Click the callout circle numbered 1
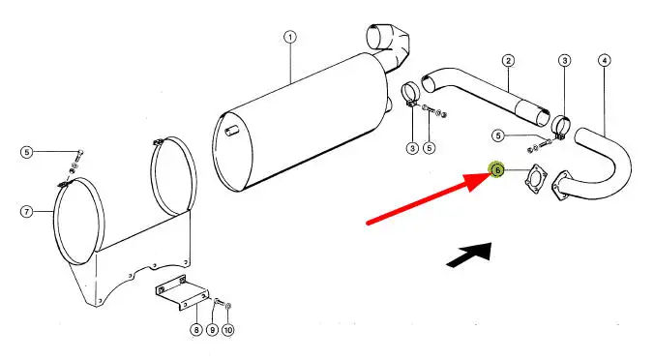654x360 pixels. pos(290,37)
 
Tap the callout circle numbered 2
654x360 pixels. pos(508,61)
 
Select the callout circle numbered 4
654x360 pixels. pos(605,61)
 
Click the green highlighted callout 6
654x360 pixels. pos(497,169)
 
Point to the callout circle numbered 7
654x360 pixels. pos(27,212)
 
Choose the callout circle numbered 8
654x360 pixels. pos(196,330)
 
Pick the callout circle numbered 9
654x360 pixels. pos(212,330)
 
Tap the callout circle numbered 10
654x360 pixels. pos(227,330)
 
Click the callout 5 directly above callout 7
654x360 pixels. pos(27,152)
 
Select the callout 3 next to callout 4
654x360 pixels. pos(565,61)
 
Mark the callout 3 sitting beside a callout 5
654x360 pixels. pos(412,148)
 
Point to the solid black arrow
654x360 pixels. pos(469,255)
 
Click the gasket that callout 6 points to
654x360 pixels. pos(536,179)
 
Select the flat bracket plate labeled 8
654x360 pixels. pos(183,292)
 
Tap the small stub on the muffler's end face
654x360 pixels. pos(232,132)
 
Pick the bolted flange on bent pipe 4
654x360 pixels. pos(560,187)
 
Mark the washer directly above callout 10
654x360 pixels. pos(227,307)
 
